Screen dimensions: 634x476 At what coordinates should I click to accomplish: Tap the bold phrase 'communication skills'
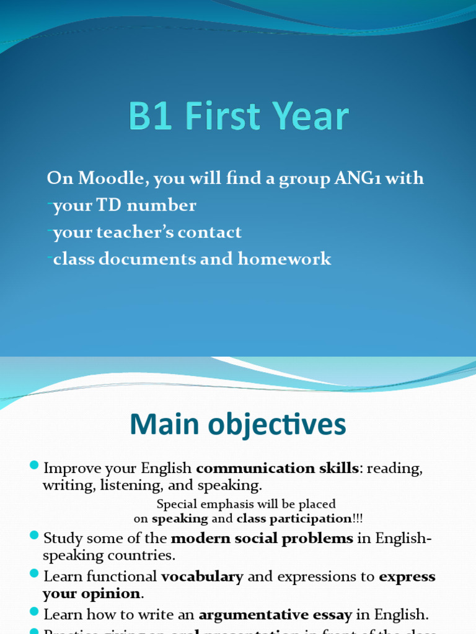tap(277, 469)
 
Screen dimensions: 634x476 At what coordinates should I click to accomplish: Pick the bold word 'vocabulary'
tap(202, 576)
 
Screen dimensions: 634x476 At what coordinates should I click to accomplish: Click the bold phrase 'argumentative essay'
tap(275, 615)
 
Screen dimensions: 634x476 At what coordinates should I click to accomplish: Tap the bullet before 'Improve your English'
tap(35, 466)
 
